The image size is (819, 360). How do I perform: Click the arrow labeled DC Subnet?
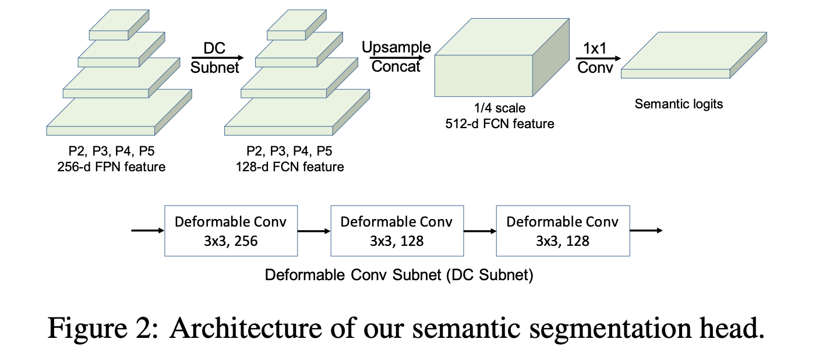coord(215,58)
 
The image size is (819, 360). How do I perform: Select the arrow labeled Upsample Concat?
coord(396,57)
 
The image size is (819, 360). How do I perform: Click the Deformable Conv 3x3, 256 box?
coord(231,231)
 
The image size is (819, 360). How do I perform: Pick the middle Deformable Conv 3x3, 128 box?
coord(396,231)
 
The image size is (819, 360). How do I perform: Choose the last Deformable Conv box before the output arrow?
coord(562,231)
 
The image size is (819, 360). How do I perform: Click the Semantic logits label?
coord(679,104)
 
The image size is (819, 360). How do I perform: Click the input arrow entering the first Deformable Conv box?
coord(148,231)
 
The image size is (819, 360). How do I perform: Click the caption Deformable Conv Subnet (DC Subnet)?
coord(399,274)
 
